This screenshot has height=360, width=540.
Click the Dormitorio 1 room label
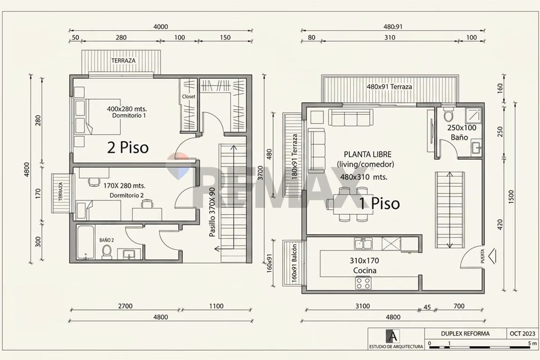(x=129, y=116)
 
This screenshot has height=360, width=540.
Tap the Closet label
(x=189, y=96)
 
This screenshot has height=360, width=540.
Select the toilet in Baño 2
(x=107, y=252)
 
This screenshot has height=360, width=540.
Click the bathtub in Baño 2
(x=85, y=242)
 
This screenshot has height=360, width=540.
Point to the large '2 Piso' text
(x=128, y=148)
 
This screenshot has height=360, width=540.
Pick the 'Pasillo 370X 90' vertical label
(x=212, y=212)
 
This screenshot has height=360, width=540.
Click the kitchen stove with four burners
(x=363, y=283)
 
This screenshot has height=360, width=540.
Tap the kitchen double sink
(x=363, y=243)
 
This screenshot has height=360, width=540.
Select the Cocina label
(x=365, y=270)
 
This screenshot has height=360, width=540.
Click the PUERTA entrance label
(x=482, y=256)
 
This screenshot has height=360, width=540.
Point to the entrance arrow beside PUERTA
(x=492, y=256)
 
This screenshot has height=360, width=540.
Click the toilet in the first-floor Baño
(x=448, y=114)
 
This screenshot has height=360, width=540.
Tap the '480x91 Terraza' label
(x=389, y=87)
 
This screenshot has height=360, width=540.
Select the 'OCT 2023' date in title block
(x=522, y=334)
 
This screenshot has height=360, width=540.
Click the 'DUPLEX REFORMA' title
(x=465, y=334)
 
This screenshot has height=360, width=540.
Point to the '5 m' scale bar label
(x=532, y=343)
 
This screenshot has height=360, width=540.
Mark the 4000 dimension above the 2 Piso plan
(x=161, y=27)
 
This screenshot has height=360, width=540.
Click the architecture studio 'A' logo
(x=393, y=336)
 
